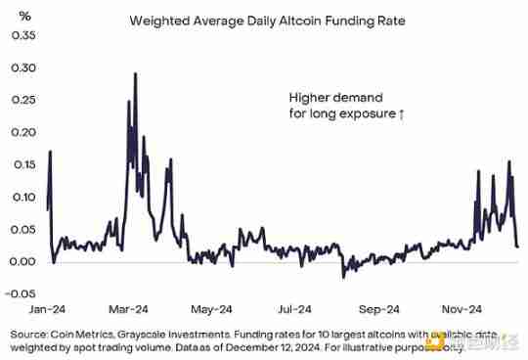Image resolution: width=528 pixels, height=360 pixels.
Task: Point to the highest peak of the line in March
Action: pyautogui.click(x=134, y=73)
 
